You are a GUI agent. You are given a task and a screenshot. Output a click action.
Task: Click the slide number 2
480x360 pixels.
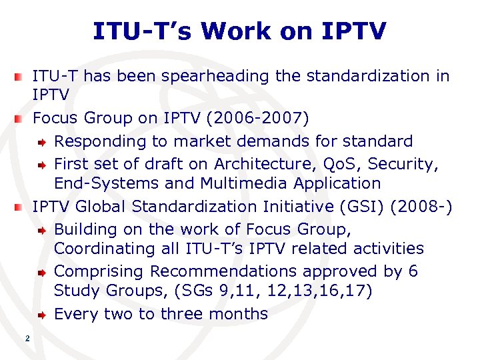point(27,339)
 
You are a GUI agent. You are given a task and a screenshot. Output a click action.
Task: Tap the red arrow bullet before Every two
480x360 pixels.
point(41,315)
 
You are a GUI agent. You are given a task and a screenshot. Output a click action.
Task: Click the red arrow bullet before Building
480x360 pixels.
point(41,229)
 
